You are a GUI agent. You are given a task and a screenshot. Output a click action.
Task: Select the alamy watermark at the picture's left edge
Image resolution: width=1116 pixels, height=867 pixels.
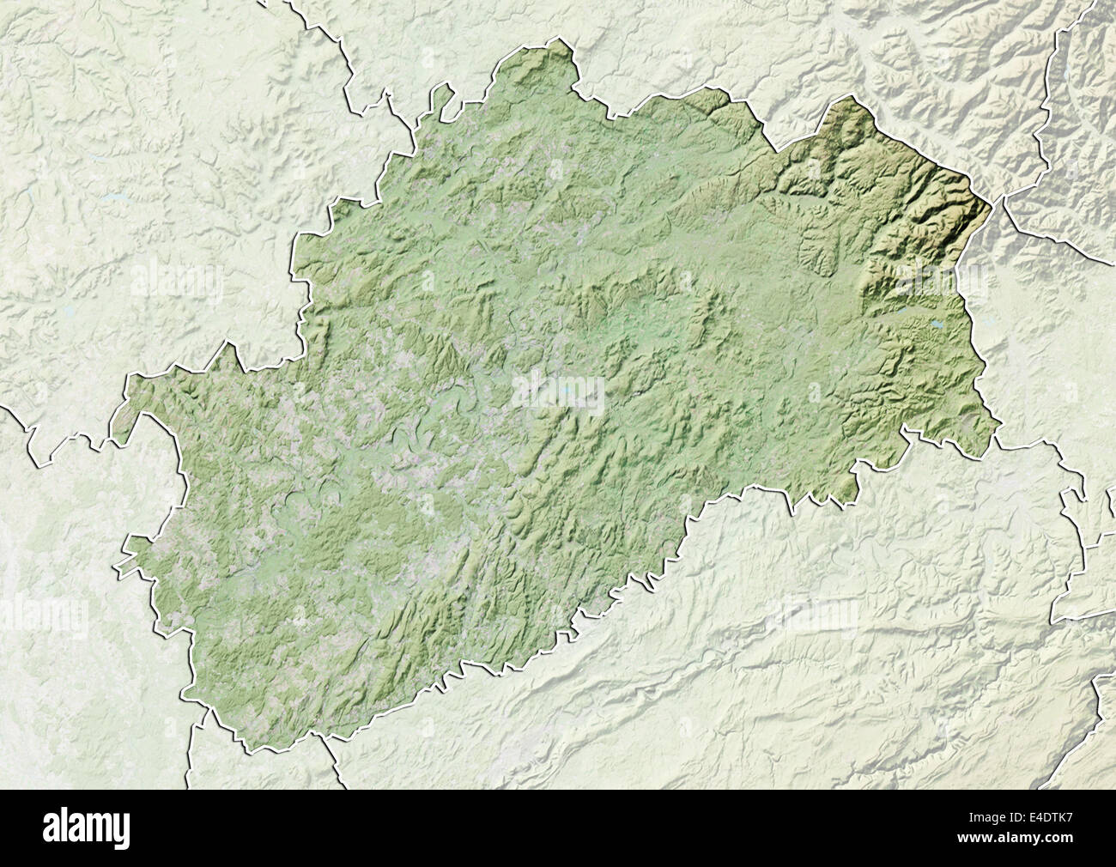pos(43,615)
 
